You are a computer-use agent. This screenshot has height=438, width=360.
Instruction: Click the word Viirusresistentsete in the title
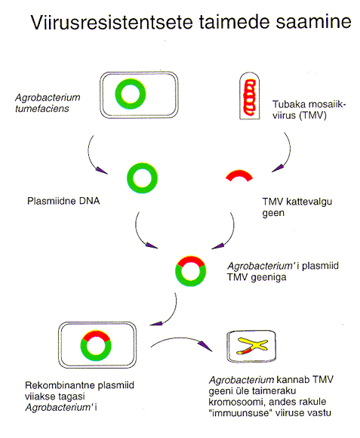pos(112,23)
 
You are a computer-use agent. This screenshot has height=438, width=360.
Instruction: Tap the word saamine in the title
pos(314,22)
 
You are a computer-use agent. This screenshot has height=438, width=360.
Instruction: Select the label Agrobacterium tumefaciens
pos(48,103)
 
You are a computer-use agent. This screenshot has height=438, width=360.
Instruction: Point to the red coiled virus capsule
pos(250,97)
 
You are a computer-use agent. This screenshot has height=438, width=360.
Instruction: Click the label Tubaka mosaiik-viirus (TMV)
pos(309,109)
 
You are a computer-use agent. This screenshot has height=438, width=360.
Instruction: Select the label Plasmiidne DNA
pos(63,201)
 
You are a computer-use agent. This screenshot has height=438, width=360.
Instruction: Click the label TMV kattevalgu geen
pos(297,207)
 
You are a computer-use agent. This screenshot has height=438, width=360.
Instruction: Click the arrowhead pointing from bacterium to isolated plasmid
pos(102,171)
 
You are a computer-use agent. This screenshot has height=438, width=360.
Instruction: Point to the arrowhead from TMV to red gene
pos(278,168)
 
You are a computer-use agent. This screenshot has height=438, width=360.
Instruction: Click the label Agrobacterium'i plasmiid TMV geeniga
pos(283,271)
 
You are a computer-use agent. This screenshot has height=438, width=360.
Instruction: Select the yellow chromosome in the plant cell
pos(253,346)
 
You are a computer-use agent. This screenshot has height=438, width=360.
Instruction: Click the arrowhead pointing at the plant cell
pos(206,347)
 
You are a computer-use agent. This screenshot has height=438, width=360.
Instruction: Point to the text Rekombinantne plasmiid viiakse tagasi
pos(79,390)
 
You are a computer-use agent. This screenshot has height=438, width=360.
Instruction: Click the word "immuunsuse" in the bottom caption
pos(241,412)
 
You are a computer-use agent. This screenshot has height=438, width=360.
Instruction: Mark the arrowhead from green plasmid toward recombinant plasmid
pos(152,245)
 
